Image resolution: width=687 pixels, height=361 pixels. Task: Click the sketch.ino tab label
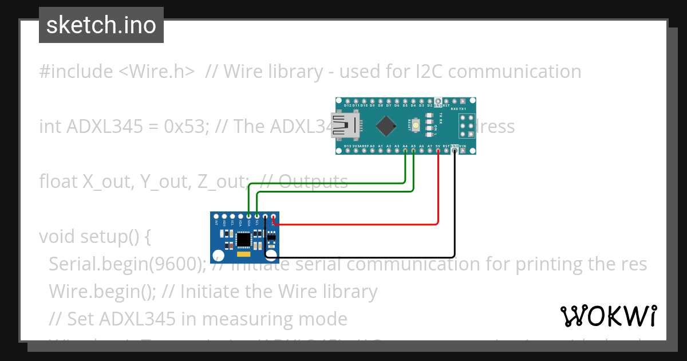click(x=101, y=25)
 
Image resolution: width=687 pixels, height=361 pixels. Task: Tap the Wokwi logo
click(x=608, y=316)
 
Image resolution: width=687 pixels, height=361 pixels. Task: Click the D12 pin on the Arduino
click(x=348, y=101)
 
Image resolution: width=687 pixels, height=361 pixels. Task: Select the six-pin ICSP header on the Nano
click(x=467, y=124)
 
